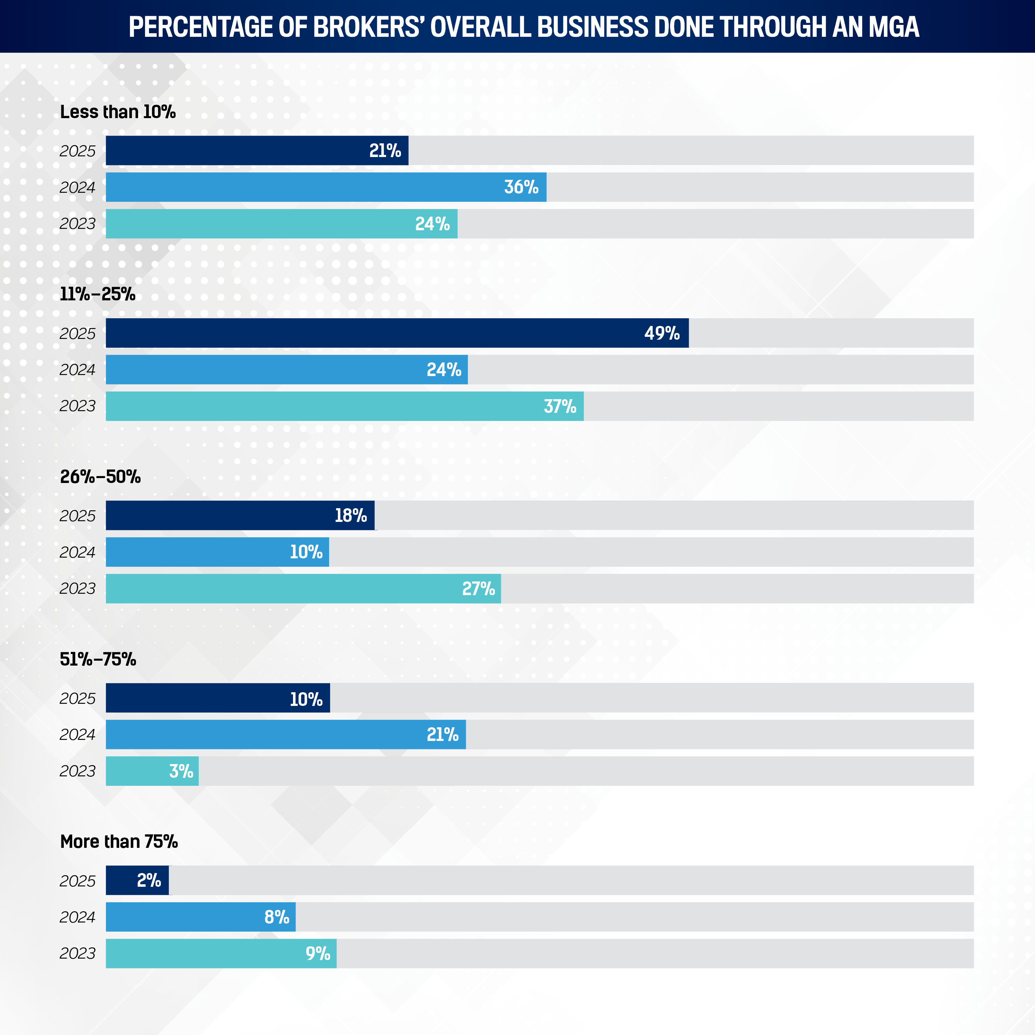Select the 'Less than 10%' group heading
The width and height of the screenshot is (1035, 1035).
tap(118, 112)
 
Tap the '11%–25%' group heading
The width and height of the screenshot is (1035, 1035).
tap(97, 294)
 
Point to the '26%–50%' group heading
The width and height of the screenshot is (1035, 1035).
tap(100, 477)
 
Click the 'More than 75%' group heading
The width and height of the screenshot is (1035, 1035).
tap(119, 842)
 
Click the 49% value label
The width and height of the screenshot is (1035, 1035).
tap(662, 333)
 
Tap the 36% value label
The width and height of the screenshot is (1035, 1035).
tap(521, 187)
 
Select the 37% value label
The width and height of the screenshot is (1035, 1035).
tap(560, 406)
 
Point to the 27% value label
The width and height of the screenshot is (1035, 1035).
tap(478, 589)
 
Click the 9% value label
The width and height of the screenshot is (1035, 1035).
tap(318, 954)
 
